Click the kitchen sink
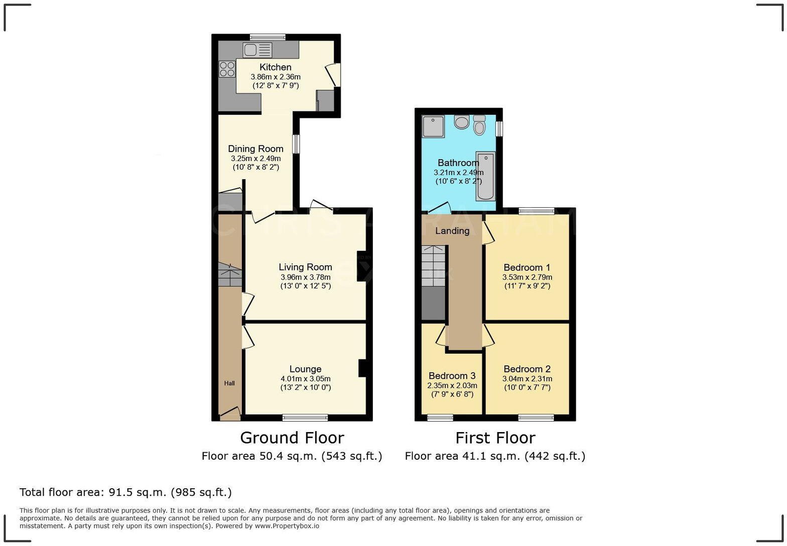click(257, 50)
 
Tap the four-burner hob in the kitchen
click(227, 69)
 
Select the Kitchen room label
click(275, 67)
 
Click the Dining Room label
click(255, 149)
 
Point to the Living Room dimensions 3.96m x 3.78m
click(305, 277)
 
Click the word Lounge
click(305, 369)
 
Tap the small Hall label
click(229, 383)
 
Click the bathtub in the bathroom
click(486, 177)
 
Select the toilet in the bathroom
click(479, 125)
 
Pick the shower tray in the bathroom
click(433, 126)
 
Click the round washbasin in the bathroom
click(461, 122)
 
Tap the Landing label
click(452, 231)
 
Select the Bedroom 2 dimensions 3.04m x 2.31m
click(527, 379)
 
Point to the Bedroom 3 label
click(452, 376)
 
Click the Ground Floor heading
click(292, 438)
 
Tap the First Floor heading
click(495, 438)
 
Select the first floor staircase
click(433, 266)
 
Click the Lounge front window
click(305, 417)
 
